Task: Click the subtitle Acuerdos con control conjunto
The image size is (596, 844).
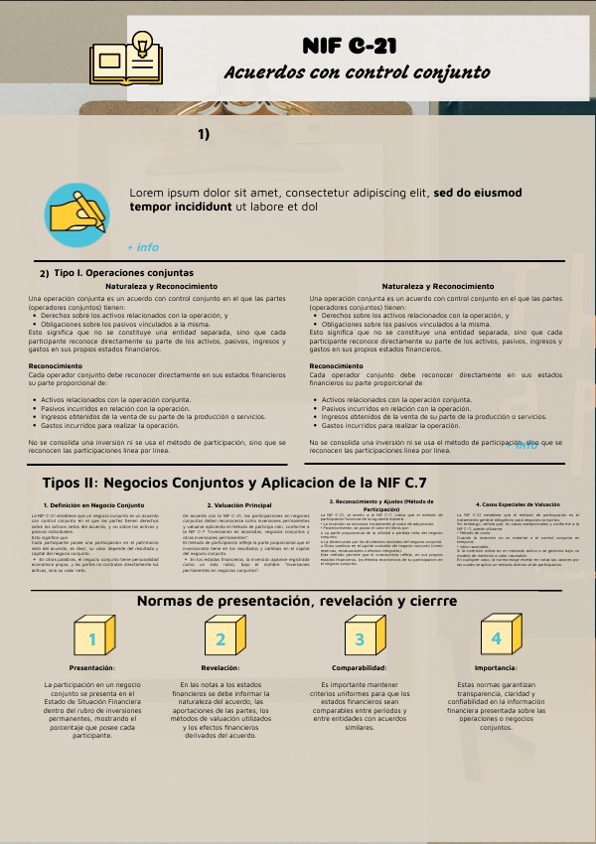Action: click(357, 72)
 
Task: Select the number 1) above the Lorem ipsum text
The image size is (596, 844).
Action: click(204, 133)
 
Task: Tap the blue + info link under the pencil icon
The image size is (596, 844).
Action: click(143, 247)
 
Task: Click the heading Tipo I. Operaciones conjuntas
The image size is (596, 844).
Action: click(123, 272)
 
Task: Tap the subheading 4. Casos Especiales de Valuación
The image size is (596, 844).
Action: click(510, 504)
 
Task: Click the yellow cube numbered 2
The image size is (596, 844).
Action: click(222, 636)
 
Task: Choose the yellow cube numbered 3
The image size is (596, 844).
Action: click(362, 636)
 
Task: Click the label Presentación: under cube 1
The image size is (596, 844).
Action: click(92, 668)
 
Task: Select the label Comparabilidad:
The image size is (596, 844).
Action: click(360, 668)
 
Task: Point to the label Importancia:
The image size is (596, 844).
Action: click(496, 668)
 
